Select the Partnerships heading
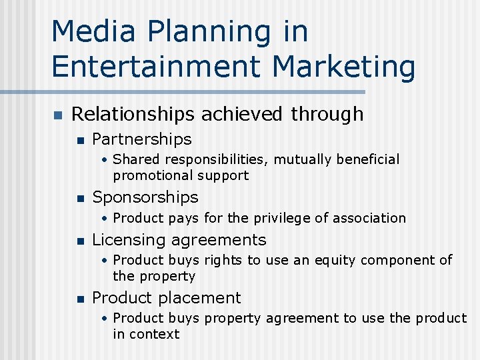coord(141,139)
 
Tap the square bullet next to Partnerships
coord(80,140)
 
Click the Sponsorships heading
coord(145,197)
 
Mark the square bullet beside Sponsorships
coord(80,198)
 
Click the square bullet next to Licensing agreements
coord(80,241)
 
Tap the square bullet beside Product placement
coord(80,299)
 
